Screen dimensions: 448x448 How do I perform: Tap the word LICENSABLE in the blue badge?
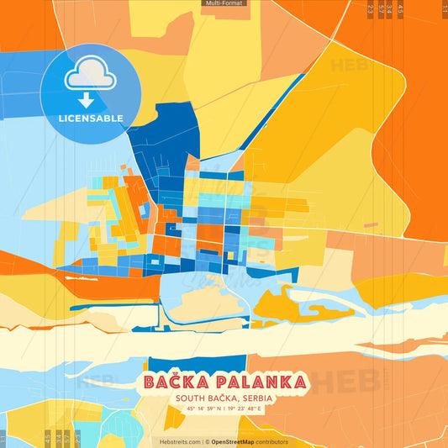point(91,118)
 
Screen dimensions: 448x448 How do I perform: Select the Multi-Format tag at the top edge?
point(224,3)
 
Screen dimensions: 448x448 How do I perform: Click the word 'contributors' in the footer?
point(272,441)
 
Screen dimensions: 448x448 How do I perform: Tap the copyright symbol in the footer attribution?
point(207,441)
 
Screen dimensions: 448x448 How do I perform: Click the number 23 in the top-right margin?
point(371,8)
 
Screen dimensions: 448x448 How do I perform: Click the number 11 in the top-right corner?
point(444,8)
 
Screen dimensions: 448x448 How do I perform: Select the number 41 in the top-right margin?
point(401,8)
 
